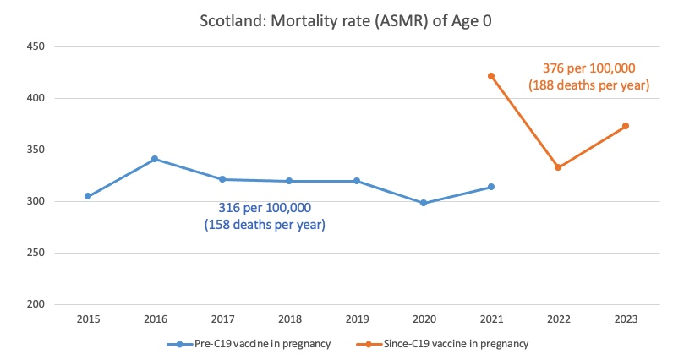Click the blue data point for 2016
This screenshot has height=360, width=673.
coord(155,159)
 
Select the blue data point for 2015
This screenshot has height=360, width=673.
coord(88,196)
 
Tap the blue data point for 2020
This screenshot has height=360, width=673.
coord(424,203)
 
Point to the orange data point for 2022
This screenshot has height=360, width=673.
coord(558,167)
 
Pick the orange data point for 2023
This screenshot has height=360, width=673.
coord(626,126)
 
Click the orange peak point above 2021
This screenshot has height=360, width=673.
coord(491,76)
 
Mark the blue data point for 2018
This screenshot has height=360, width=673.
coord(289,181)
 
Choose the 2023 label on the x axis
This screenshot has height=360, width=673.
coord(626,320)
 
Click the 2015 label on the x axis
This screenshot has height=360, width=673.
coord(88,320)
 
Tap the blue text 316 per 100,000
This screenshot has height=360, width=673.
coord(265,208)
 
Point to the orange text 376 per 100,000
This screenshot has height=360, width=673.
coord(588,68)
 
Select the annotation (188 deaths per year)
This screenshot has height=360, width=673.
coord(588,85)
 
